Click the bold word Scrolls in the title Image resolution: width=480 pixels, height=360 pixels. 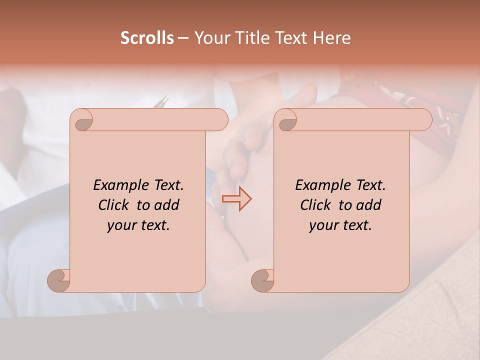147,38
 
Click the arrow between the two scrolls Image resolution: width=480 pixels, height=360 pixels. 236,198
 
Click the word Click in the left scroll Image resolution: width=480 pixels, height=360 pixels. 114,205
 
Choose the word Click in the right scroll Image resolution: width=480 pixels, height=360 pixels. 316,205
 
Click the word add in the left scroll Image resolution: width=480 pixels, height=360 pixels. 166,205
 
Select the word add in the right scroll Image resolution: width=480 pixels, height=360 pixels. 368,205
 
